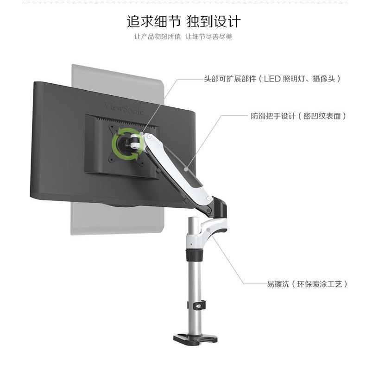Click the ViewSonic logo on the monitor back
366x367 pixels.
[x=124, y=107]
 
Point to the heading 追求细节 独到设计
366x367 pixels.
[x=184, y=21]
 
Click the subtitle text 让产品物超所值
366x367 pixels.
[x=158, y=37]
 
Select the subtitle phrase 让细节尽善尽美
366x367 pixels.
[x=209, y=37]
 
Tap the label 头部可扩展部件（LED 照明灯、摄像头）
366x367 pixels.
[x=273, y=79]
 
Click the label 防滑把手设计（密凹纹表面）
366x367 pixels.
[x=298, y=116]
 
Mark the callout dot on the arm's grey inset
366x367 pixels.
[x=185, y=169]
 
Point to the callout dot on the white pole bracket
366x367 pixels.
[x=209, y=229]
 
